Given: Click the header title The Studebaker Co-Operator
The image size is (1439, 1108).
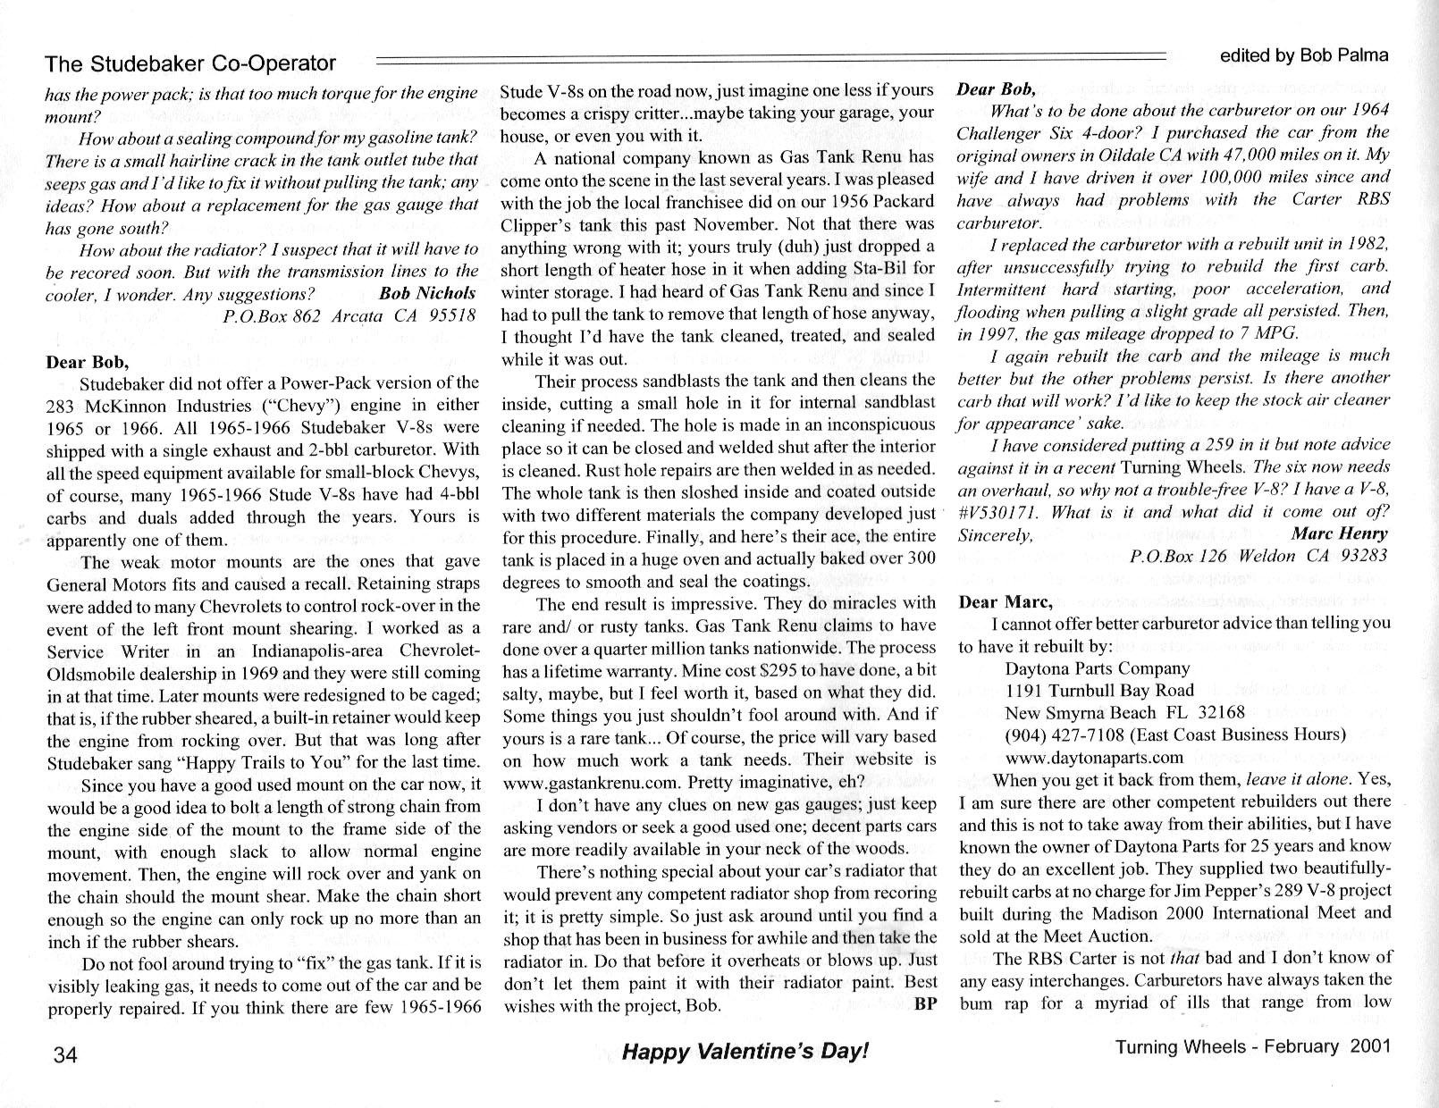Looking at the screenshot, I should (190, 63).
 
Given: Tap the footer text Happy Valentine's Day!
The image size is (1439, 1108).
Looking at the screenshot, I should (745, 1052).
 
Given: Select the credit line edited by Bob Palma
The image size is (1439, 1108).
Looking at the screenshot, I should (1304, 55).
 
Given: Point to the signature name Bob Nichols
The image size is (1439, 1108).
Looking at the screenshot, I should (427, 294).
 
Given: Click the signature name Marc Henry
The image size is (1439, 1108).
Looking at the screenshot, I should (1340, 534).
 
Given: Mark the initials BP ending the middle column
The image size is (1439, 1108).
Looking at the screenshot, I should (925, 1004).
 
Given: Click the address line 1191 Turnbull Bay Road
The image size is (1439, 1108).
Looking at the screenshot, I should (1099, 690).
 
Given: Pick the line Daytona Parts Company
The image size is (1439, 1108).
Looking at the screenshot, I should (1098, 668).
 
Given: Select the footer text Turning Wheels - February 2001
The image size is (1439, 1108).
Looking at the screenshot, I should (1253, 1047).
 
